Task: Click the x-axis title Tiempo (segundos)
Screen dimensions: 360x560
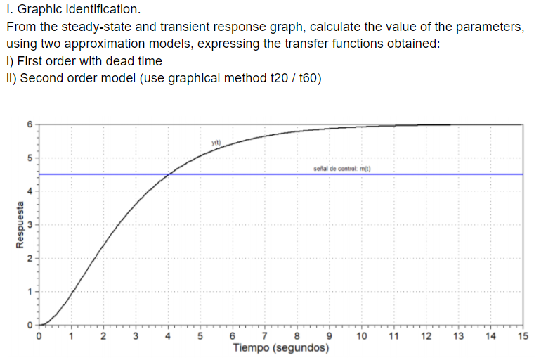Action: point(280,348)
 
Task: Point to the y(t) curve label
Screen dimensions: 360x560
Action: point(216,142)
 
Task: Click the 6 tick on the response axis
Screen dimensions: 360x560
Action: point(30,124)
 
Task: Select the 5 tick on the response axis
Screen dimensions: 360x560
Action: point(30,157)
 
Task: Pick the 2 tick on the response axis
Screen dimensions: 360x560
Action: point(30,258)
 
